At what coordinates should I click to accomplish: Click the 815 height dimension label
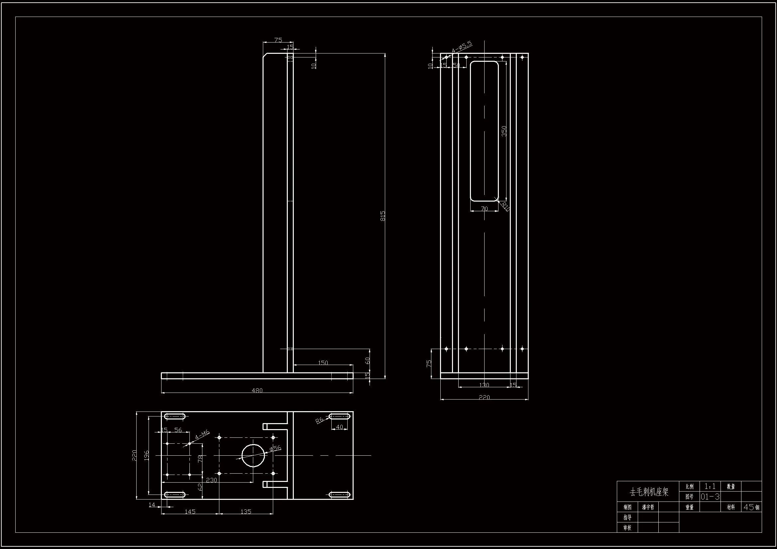[x=383, y=216]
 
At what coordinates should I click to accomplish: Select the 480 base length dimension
[x=257, y=390]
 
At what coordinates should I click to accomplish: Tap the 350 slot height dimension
[x=504, y=131]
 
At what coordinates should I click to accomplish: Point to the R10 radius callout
[x=505, y=206]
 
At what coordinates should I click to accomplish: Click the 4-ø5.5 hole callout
[x=462, y=47]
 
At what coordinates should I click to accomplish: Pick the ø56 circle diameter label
[x=276, y=449]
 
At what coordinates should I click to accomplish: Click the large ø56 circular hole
[x=253, y=455]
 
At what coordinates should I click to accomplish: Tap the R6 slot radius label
[x=320, y=420]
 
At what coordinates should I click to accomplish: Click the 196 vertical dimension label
[x=147, y=455]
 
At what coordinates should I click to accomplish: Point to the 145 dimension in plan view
[x=190, y=511]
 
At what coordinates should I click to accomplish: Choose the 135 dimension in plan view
[x=246, y=511]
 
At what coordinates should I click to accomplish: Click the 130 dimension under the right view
[x=484, y=385]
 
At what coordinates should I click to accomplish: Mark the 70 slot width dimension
[x=484, y=209]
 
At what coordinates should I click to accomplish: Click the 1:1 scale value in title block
[x=710, y=487]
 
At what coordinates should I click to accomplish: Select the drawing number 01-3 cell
[x=710, y=497]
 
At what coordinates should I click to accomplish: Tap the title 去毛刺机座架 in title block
[x=649, y=492]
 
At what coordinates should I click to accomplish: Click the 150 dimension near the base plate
[x=323, y=363]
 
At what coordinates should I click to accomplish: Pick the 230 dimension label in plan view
[x=211, y=480]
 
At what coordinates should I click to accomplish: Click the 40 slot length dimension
[x=339, y=427]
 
